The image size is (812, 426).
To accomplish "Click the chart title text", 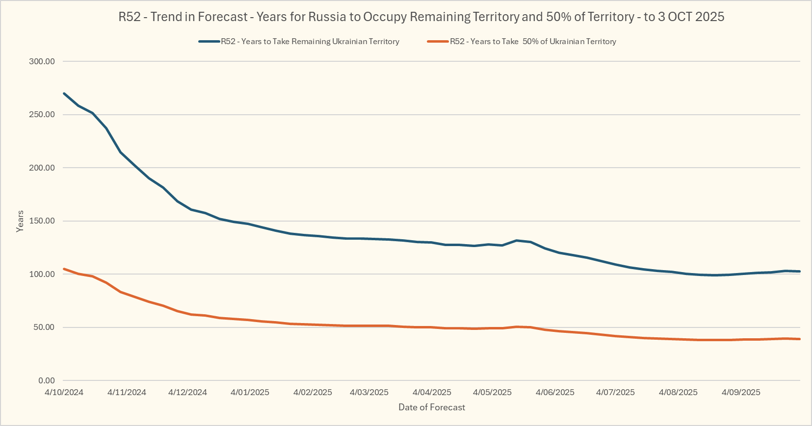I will click(x=421, y=17).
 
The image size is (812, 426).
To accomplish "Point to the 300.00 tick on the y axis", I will click(x=42, y=61).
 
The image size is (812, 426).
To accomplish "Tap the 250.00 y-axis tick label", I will click(x=42, y=115).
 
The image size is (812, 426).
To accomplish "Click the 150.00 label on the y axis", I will click(x=42, y=221).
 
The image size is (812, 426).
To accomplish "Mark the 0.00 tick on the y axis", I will click(x=46, y=380).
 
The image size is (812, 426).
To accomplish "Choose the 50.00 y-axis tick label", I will click(x=44, y=327).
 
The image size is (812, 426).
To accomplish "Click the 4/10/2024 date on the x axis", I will click(x=64, y=392).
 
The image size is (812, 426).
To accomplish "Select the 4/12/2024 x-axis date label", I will click(x=187, y=392).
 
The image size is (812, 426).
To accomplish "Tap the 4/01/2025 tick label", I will click(x=250, y=392).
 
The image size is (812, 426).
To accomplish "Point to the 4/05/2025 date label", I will click(x=492, y=392).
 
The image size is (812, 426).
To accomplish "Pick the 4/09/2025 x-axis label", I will click(x=741, y=392).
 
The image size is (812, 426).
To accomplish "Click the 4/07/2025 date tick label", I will click(x=615, y=392).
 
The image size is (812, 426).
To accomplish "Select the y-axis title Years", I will click(x=20, y=221).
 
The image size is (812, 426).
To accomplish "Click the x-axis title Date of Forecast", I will click(x=432, y=407).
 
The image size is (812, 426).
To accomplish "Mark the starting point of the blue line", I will click(x=64, y=93).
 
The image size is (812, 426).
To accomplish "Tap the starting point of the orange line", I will click(x=64, y=269).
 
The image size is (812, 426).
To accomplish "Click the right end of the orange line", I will click(x=800, y=339).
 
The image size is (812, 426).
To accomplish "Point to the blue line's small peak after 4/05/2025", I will click(x=516, y=240).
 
